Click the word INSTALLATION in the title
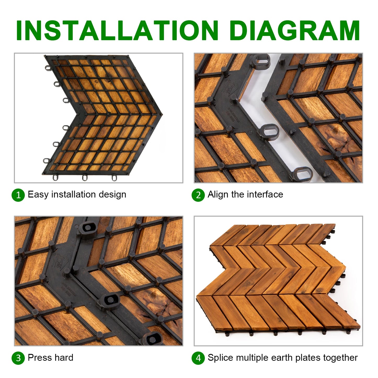coord(117,30)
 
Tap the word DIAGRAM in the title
coord(295,30)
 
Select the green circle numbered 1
coord(18,195)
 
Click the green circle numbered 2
coord(198,195)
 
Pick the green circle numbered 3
coord(18,358)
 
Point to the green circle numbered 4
coord(198,358)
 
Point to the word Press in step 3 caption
coord(40,358)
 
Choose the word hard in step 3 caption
coord(64,357)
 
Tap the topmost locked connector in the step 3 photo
coord(87,229)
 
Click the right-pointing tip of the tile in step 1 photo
coord(162,114)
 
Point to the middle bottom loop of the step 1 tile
coord(84,177)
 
